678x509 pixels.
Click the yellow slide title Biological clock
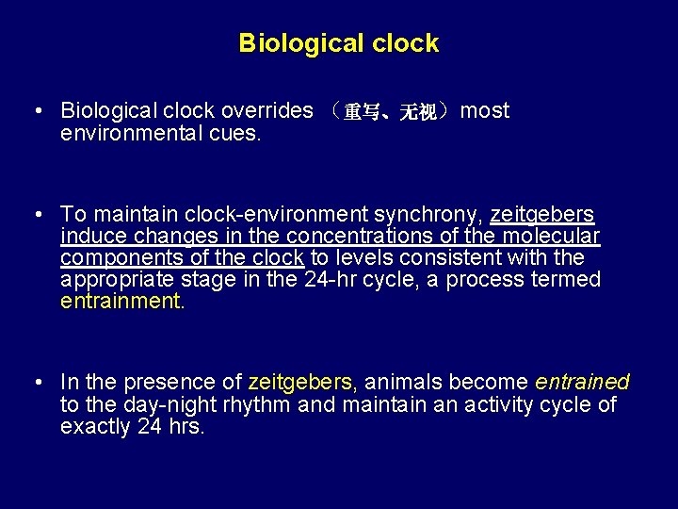click(x=339, y=43)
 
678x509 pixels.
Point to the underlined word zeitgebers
click(x=541, y=215)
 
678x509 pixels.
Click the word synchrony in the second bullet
click(x=436, y=215)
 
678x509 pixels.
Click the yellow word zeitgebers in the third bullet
click(x=302, y=382)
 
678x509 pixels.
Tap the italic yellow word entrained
click(x=582, y=382)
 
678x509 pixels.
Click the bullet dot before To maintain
click(x=35, y=215)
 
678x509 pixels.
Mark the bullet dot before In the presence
click(x=35, y=382)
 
